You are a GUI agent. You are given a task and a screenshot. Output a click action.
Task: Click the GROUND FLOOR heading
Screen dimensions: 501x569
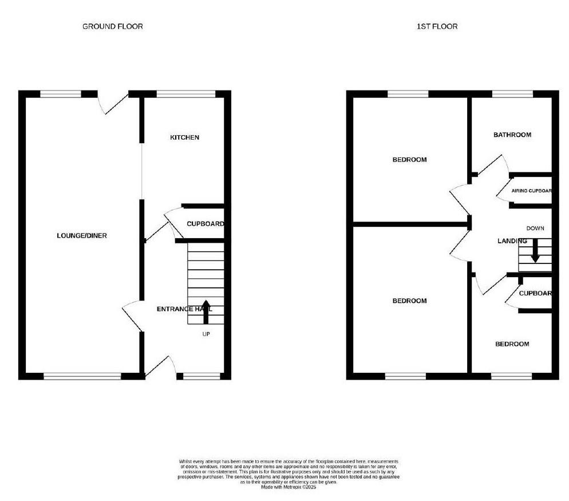click(113, 26)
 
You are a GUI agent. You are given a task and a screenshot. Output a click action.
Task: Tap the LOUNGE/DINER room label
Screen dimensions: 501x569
click(82, 236)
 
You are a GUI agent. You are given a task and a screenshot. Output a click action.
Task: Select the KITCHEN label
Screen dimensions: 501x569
click(184, 137)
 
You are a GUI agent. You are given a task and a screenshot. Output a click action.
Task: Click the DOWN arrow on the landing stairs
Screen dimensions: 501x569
click(535, 251)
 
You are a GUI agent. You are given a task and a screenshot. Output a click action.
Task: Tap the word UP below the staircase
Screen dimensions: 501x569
click(206, 334)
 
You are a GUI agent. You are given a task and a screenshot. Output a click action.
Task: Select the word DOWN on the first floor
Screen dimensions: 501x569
click(535, 228)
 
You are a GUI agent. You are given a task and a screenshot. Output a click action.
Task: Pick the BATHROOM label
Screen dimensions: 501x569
click(512, 135)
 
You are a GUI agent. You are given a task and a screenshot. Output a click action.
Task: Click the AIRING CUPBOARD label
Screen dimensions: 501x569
click(531, 191)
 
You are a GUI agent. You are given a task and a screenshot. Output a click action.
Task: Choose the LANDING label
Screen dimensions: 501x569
click(511, 241)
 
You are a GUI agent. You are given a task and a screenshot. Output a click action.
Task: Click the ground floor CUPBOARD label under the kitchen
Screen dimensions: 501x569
click(205, 224)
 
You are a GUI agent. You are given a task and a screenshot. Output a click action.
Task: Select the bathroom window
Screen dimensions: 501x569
click(512, 94)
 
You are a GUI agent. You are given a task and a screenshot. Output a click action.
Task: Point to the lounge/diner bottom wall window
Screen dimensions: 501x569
click(82, 376)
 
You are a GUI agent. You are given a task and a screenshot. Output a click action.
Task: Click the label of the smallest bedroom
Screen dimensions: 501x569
click(512, 344)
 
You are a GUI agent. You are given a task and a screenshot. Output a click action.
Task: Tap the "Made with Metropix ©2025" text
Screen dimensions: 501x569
click(289, 487)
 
